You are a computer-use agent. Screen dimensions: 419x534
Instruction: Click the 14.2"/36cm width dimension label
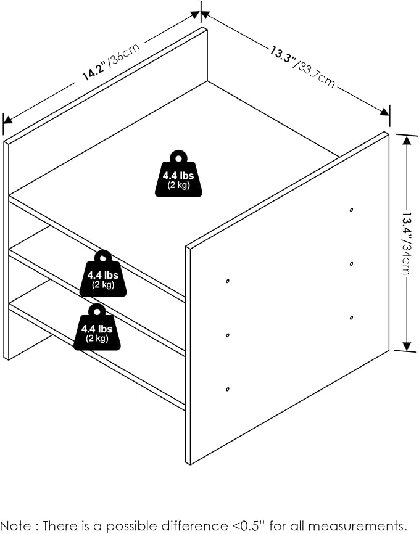111,62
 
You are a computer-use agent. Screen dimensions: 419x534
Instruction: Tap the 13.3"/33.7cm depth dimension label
303,67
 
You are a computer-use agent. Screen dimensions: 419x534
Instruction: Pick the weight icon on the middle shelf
103,273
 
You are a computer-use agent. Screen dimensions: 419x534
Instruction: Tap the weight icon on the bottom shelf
97,327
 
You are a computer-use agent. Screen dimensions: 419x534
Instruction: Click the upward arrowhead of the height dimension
407,141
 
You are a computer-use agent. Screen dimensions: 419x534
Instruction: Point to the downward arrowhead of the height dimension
407,345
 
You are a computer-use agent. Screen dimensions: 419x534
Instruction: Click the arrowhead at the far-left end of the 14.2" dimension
8,119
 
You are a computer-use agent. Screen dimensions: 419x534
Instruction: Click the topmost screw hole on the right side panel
351,210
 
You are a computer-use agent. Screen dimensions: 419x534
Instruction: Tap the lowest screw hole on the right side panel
228,389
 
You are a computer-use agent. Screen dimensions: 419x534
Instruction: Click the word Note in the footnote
15,525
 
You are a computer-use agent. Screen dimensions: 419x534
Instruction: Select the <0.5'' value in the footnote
248,525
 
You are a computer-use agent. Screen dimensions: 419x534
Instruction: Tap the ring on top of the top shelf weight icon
178,158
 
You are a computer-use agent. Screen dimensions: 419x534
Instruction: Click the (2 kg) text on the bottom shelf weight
97,338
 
